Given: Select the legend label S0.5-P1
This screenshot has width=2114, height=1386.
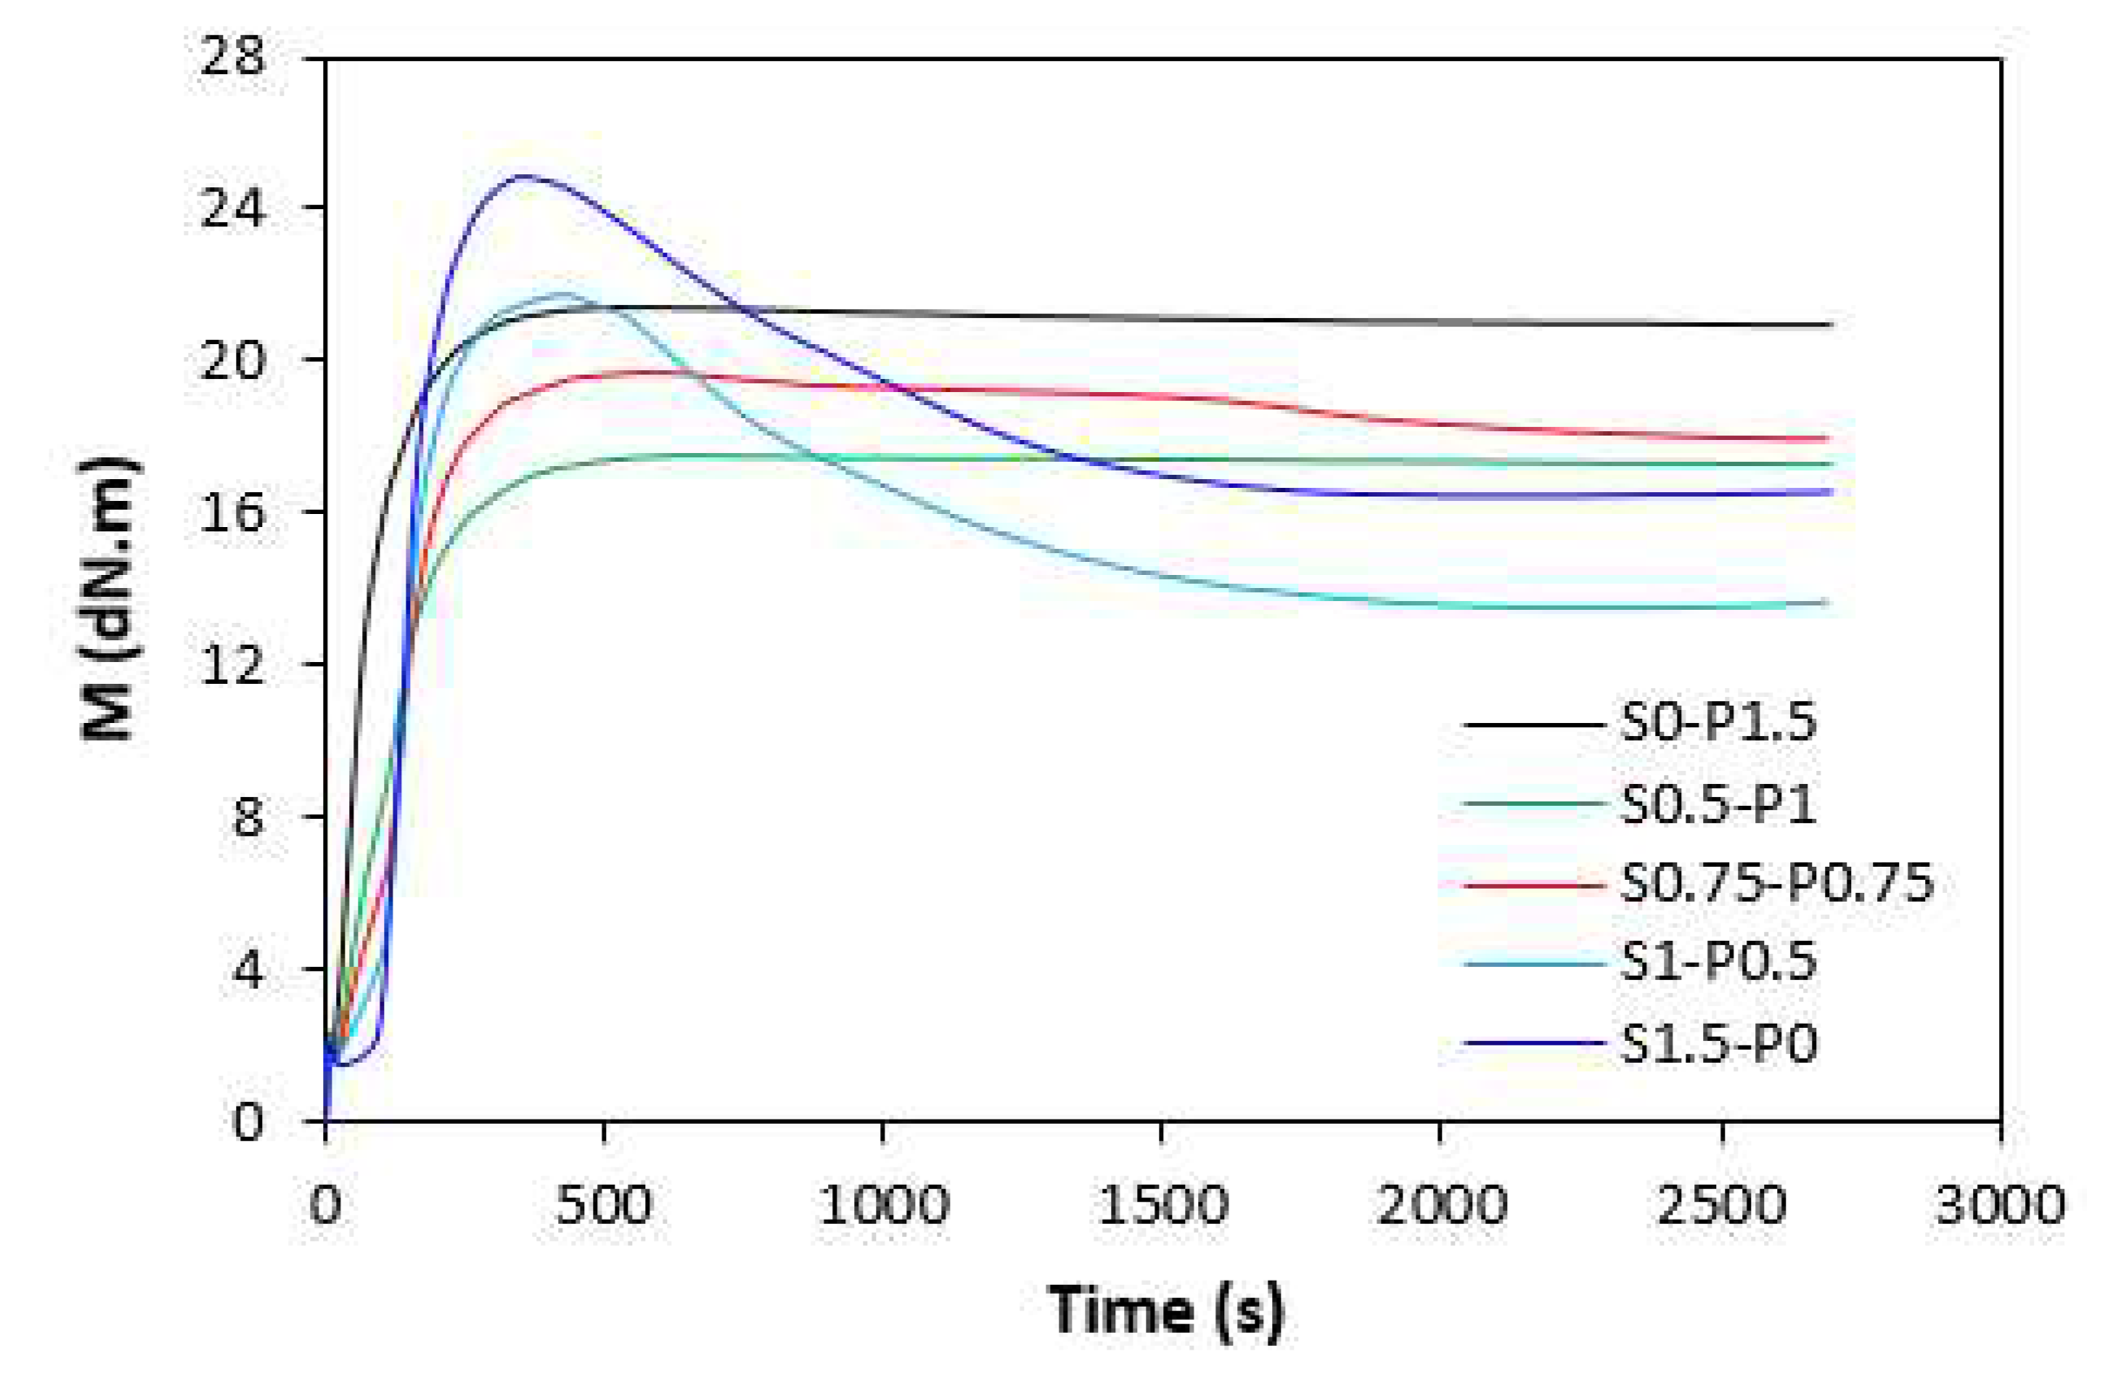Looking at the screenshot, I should pyautogui.click(x=1718, y=805).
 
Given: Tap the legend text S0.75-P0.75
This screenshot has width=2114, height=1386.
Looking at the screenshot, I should pyautogui.click(x=1776, y=884).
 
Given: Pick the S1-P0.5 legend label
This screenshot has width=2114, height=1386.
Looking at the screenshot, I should pyautogui.click(x=1718, y=963).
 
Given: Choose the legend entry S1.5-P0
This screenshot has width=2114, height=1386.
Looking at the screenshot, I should pyautogui.click(x=1718, y=1043).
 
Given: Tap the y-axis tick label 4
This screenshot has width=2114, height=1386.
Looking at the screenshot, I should pyautogui.click(x=249, y=970).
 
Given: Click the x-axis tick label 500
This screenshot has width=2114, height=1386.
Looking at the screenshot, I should pyautogui.click(x=603, y=1207).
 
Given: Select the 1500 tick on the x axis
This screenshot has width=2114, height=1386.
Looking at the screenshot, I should pyautogui.click(x=1161, y=1207).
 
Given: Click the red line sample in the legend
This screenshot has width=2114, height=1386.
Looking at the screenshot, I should pyautogui.click(x=1535, y=885).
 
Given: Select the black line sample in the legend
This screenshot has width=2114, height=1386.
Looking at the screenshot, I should pyautogui.click(x=1535, y=725).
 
